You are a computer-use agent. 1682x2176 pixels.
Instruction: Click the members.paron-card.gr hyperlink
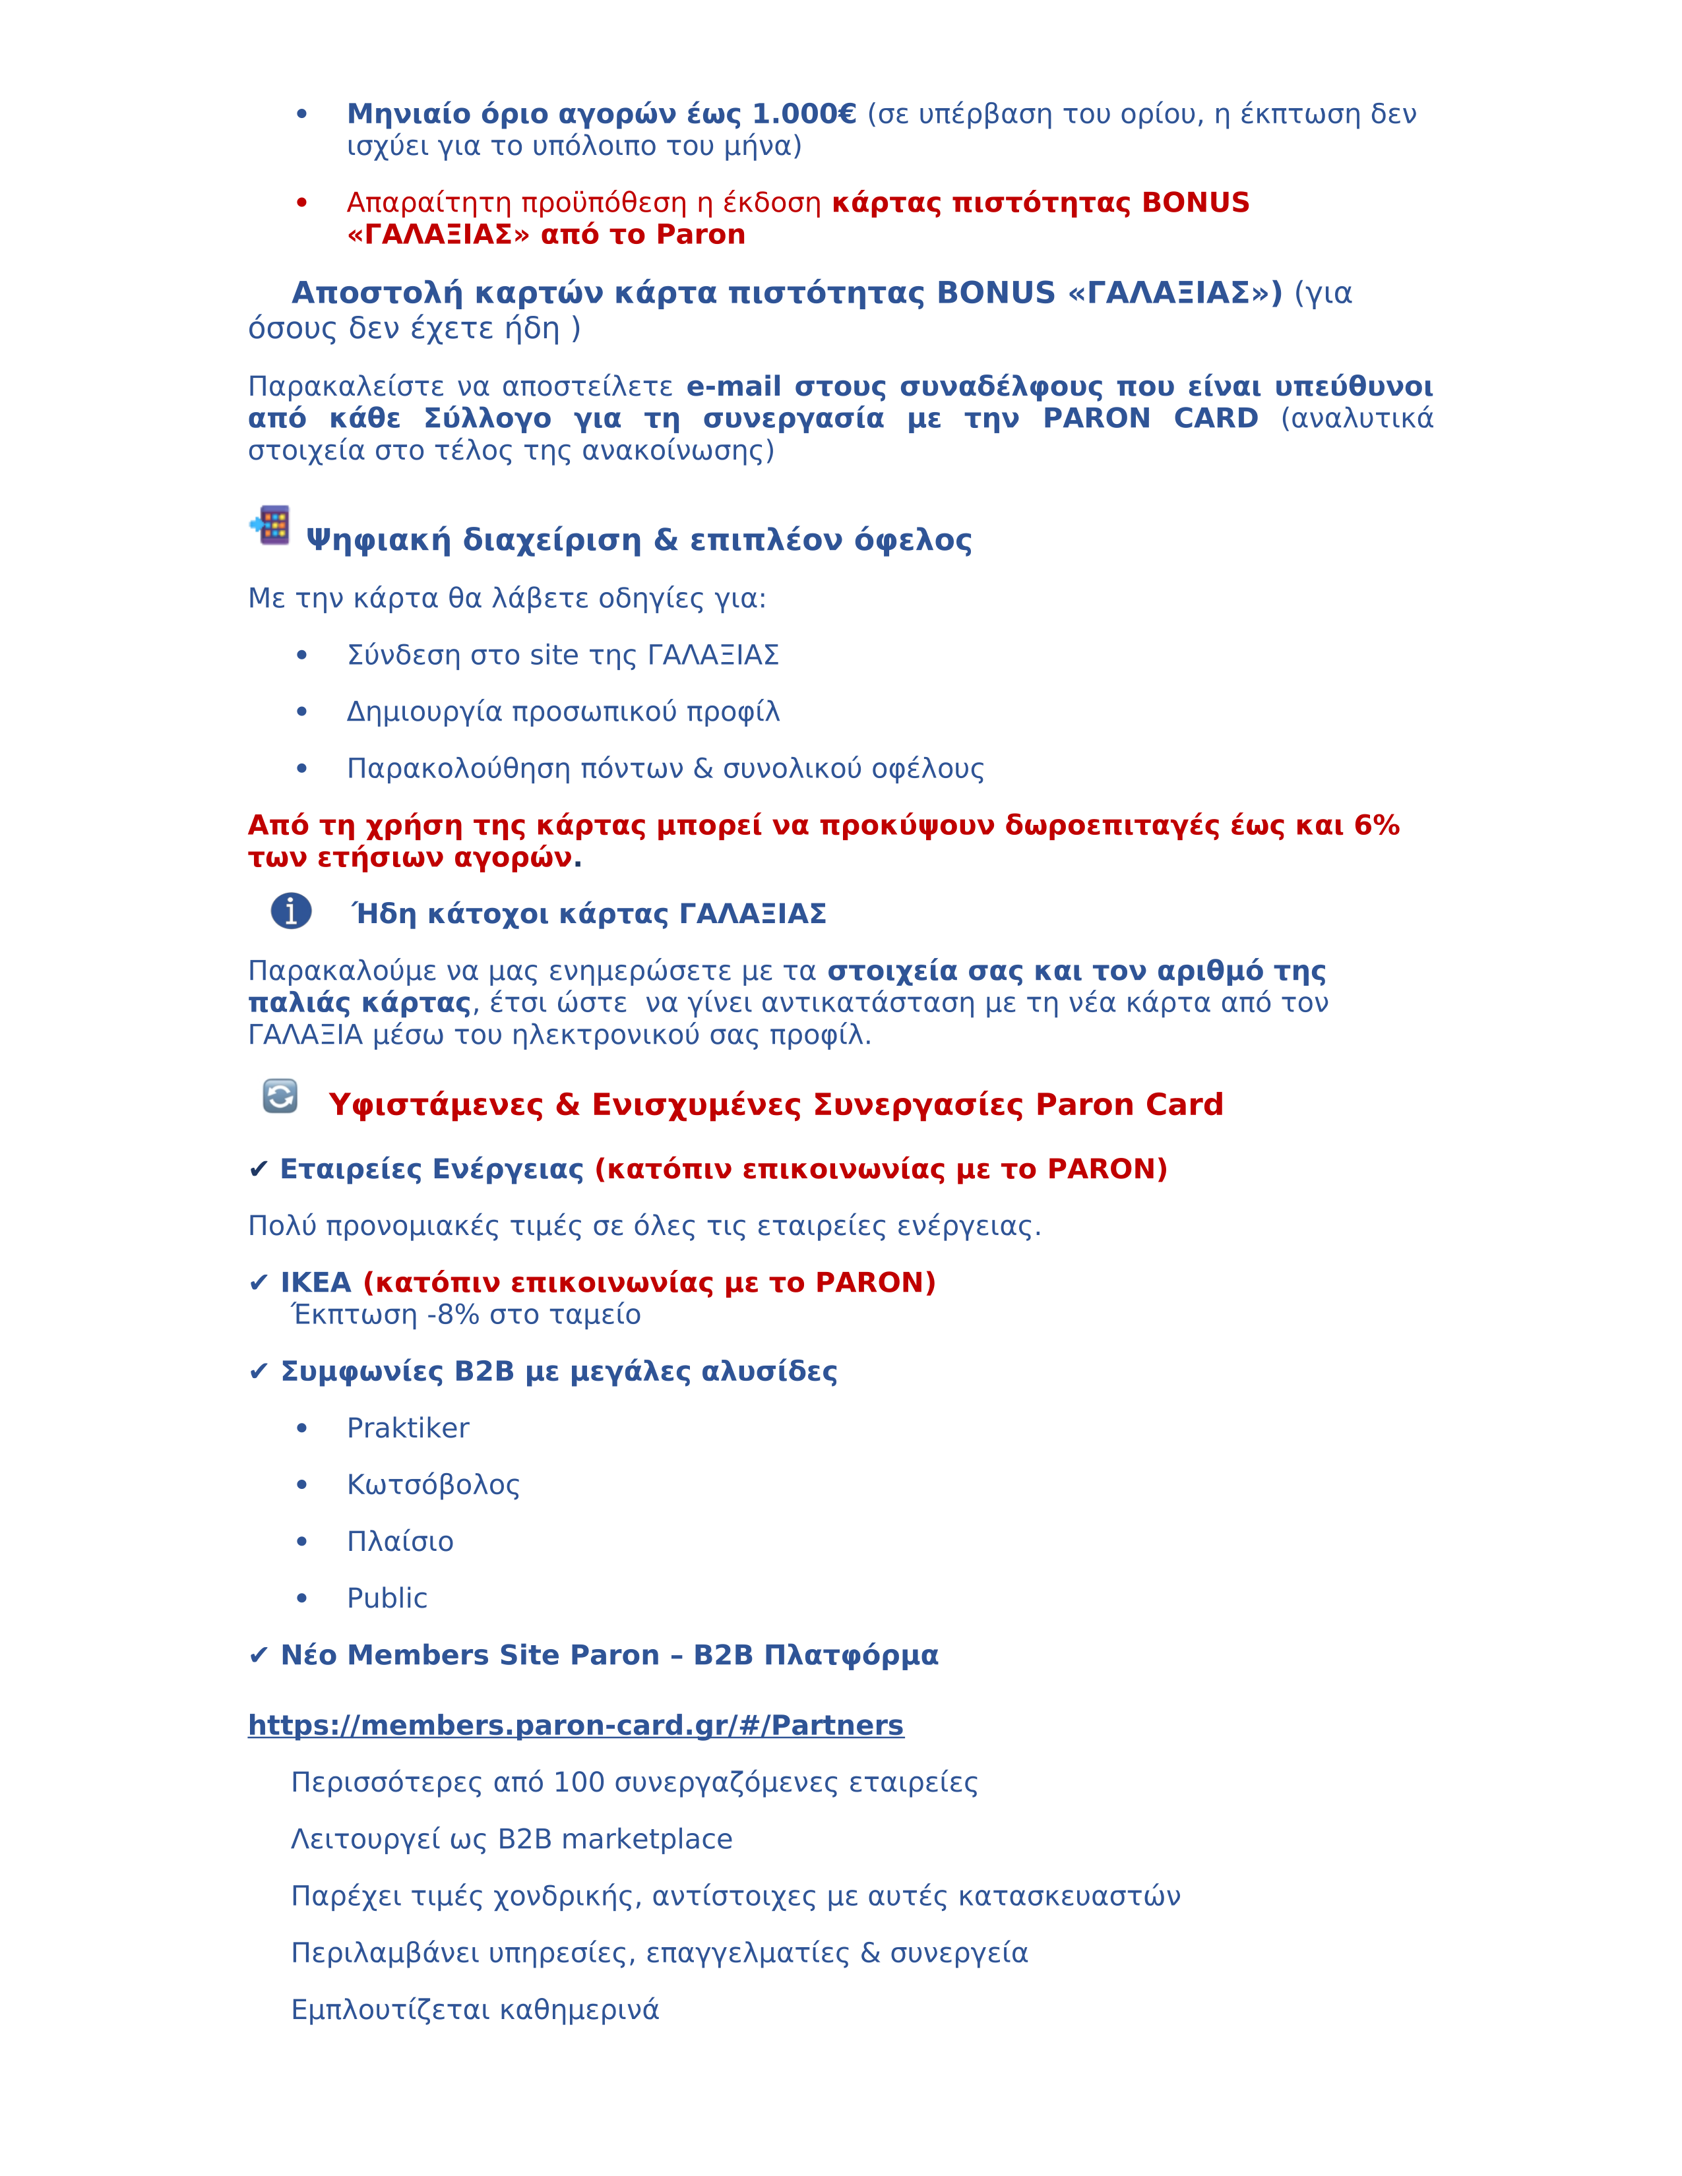575,1726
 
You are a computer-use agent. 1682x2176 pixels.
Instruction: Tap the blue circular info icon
291,911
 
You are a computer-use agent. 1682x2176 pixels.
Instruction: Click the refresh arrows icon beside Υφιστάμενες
280,1096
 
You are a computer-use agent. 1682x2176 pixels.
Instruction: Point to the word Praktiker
408,1429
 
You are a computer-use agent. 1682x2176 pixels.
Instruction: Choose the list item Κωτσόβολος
433,1486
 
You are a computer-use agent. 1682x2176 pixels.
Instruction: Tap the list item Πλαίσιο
400,1542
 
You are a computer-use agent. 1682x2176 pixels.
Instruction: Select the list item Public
387,1599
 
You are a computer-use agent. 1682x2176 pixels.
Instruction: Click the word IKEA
316,1283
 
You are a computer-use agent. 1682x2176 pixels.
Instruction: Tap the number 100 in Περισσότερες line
578,1782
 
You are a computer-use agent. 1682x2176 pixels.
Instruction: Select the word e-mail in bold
733,386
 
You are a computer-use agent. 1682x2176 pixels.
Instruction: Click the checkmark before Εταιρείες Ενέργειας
258,1170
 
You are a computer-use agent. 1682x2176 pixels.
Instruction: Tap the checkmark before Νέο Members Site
258,1656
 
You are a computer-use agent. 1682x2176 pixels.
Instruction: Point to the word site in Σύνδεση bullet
554,655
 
